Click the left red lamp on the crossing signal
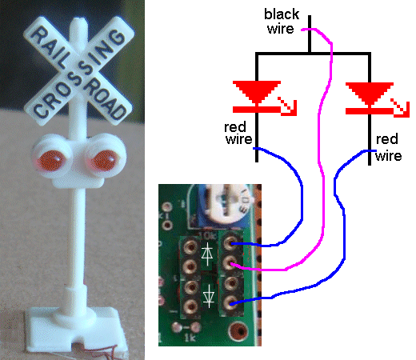click(51, 161)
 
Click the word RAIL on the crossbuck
click(50, 46)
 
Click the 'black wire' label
click(282, 22)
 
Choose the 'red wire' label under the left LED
click(238, 134)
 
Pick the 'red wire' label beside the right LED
click(388, 147)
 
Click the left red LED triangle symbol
click(257, 91)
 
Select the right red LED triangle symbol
click(370, 93)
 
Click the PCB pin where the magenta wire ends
click(230, 263)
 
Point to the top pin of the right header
click(230, 242)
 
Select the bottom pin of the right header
click(230, 302)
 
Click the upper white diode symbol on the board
click(207, 254)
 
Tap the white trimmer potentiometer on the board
click(229, 205)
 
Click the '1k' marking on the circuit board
click(190, 338)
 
